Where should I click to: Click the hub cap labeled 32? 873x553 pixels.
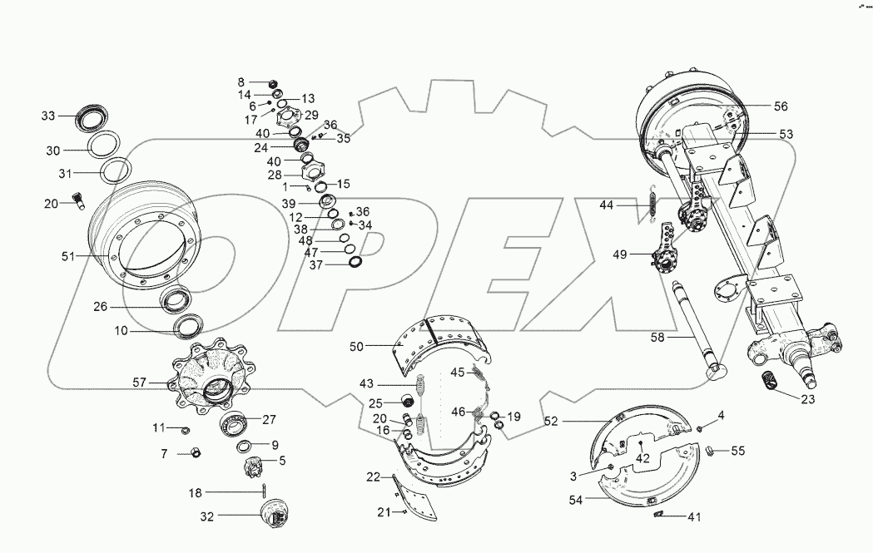(x=274, y=513)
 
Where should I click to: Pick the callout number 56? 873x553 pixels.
(x=780, y=106)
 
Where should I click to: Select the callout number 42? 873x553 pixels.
(x=642, y=457)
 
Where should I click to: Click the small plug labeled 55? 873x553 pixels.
(x=712, y=451)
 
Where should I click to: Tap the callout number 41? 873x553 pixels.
(x=694, y=517)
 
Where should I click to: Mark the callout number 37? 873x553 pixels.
(x=316, y=264)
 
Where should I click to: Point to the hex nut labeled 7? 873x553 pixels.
(x=195, y=453)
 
